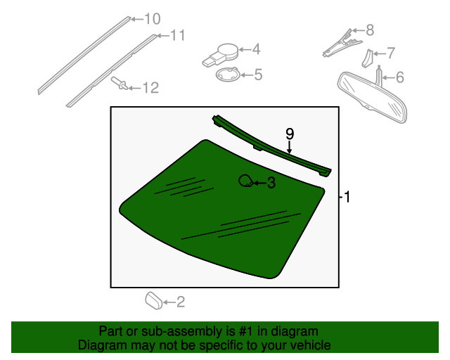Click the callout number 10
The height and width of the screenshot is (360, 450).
click(x=152, y=19)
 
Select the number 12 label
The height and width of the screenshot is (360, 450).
click(x=150, y=88)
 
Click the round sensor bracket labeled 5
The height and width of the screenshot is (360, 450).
click(x=227, y=75)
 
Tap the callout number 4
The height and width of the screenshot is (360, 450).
click(x=257, y=49)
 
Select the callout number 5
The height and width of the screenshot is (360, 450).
click(x=257, y=74)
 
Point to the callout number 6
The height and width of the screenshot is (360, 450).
click(x=399, y=77)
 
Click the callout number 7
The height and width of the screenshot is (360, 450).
click(x=391, y=53)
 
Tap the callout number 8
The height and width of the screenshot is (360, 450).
click(x=369, y=30)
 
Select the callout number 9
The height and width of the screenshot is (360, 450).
click(x=289, y=133)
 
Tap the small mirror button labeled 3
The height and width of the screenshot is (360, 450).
click(x=245, y=181)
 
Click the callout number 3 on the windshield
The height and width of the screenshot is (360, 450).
click(x=271, y=184)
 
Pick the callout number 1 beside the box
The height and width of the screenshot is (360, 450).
click(x=346, y=198)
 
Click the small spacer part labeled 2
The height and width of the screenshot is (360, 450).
click(x=153, y=301)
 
